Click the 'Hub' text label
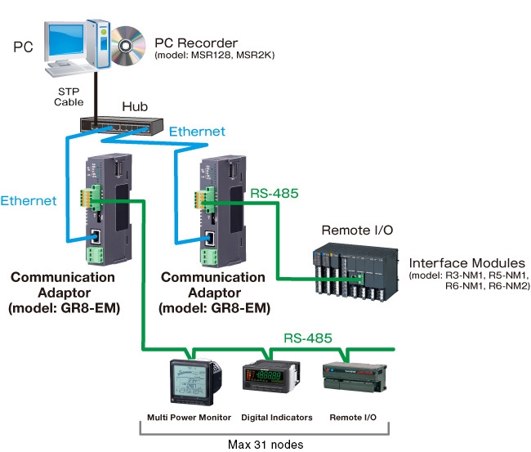tap(135, 106)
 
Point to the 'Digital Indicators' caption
tap(277, 417)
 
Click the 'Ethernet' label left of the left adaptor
tap(29, 200)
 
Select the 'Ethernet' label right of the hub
tap(196, 131)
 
